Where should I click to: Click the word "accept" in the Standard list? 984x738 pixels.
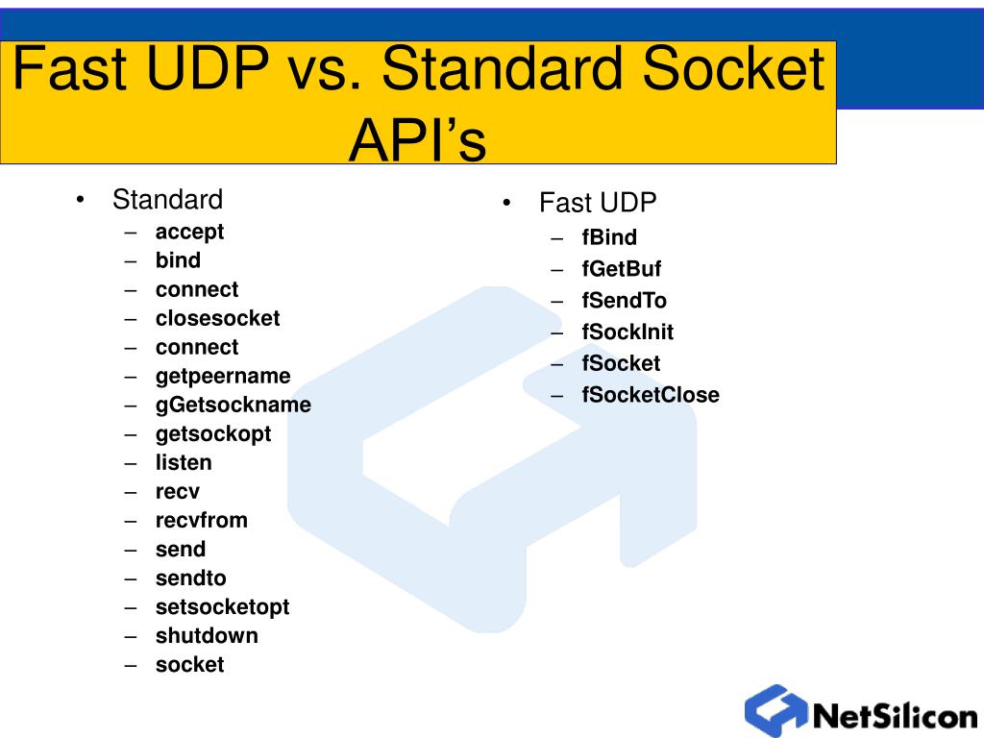[189, 232]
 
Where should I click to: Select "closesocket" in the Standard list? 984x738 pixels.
[217, 318]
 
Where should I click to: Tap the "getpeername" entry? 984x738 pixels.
[223, 376]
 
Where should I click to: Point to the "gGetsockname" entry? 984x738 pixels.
[234, 405]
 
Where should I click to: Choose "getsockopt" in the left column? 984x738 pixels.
[213, 433]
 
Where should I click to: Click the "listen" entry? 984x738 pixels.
[184, 462]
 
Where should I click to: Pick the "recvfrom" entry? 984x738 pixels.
[202, 520]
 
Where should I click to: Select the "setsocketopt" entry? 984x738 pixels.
[222, 606]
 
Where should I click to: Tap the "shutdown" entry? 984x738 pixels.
[207, 635]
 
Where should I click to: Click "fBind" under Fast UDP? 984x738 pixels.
[609, 237]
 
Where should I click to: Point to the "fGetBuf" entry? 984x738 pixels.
[622, 269]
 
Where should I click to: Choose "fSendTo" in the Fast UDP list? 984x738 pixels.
[624, 301]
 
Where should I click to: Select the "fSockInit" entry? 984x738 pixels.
[627, 332]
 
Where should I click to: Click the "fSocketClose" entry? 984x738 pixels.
[651, 395]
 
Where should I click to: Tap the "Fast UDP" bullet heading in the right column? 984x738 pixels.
[598, 203]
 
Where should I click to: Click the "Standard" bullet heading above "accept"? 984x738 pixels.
[167, 200]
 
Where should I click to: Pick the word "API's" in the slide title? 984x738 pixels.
[418, 140]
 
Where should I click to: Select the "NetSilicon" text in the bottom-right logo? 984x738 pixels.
[895, 716]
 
